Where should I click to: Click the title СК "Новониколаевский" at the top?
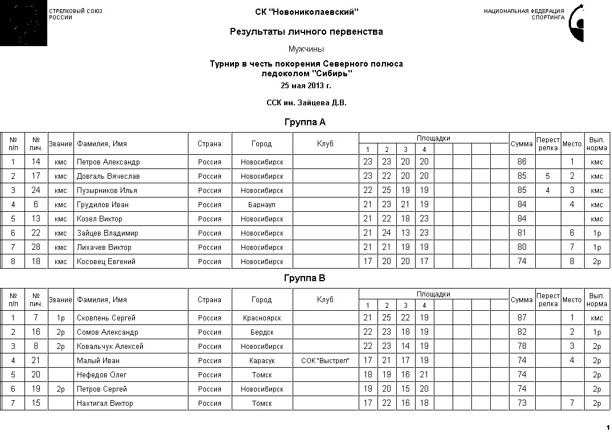tap(306, 12)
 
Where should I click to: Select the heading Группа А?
tap(305, 122)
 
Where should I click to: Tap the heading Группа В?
tap(305, 278)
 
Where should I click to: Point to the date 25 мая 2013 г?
tap(306, 85)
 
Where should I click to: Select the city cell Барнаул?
tap(262, 204)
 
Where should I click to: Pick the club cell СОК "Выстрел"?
tap(325, 360)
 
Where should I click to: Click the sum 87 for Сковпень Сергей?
tap(521, 318)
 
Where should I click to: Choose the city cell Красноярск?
tap(262, 318)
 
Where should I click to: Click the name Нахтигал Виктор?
tap(105, 403)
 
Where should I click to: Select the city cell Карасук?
tap(262, 360)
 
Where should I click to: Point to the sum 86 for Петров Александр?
tap(521, 162)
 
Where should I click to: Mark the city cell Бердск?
tap(262, 332)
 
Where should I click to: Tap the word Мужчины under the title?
tap(306, 49)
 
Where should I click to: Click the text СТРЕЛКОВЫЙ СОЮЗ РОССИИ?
tap(76, 14)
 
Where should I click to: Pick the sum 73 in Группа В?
tap(521, 403)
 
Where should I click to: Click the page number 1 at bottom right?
tap(607, 427)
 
